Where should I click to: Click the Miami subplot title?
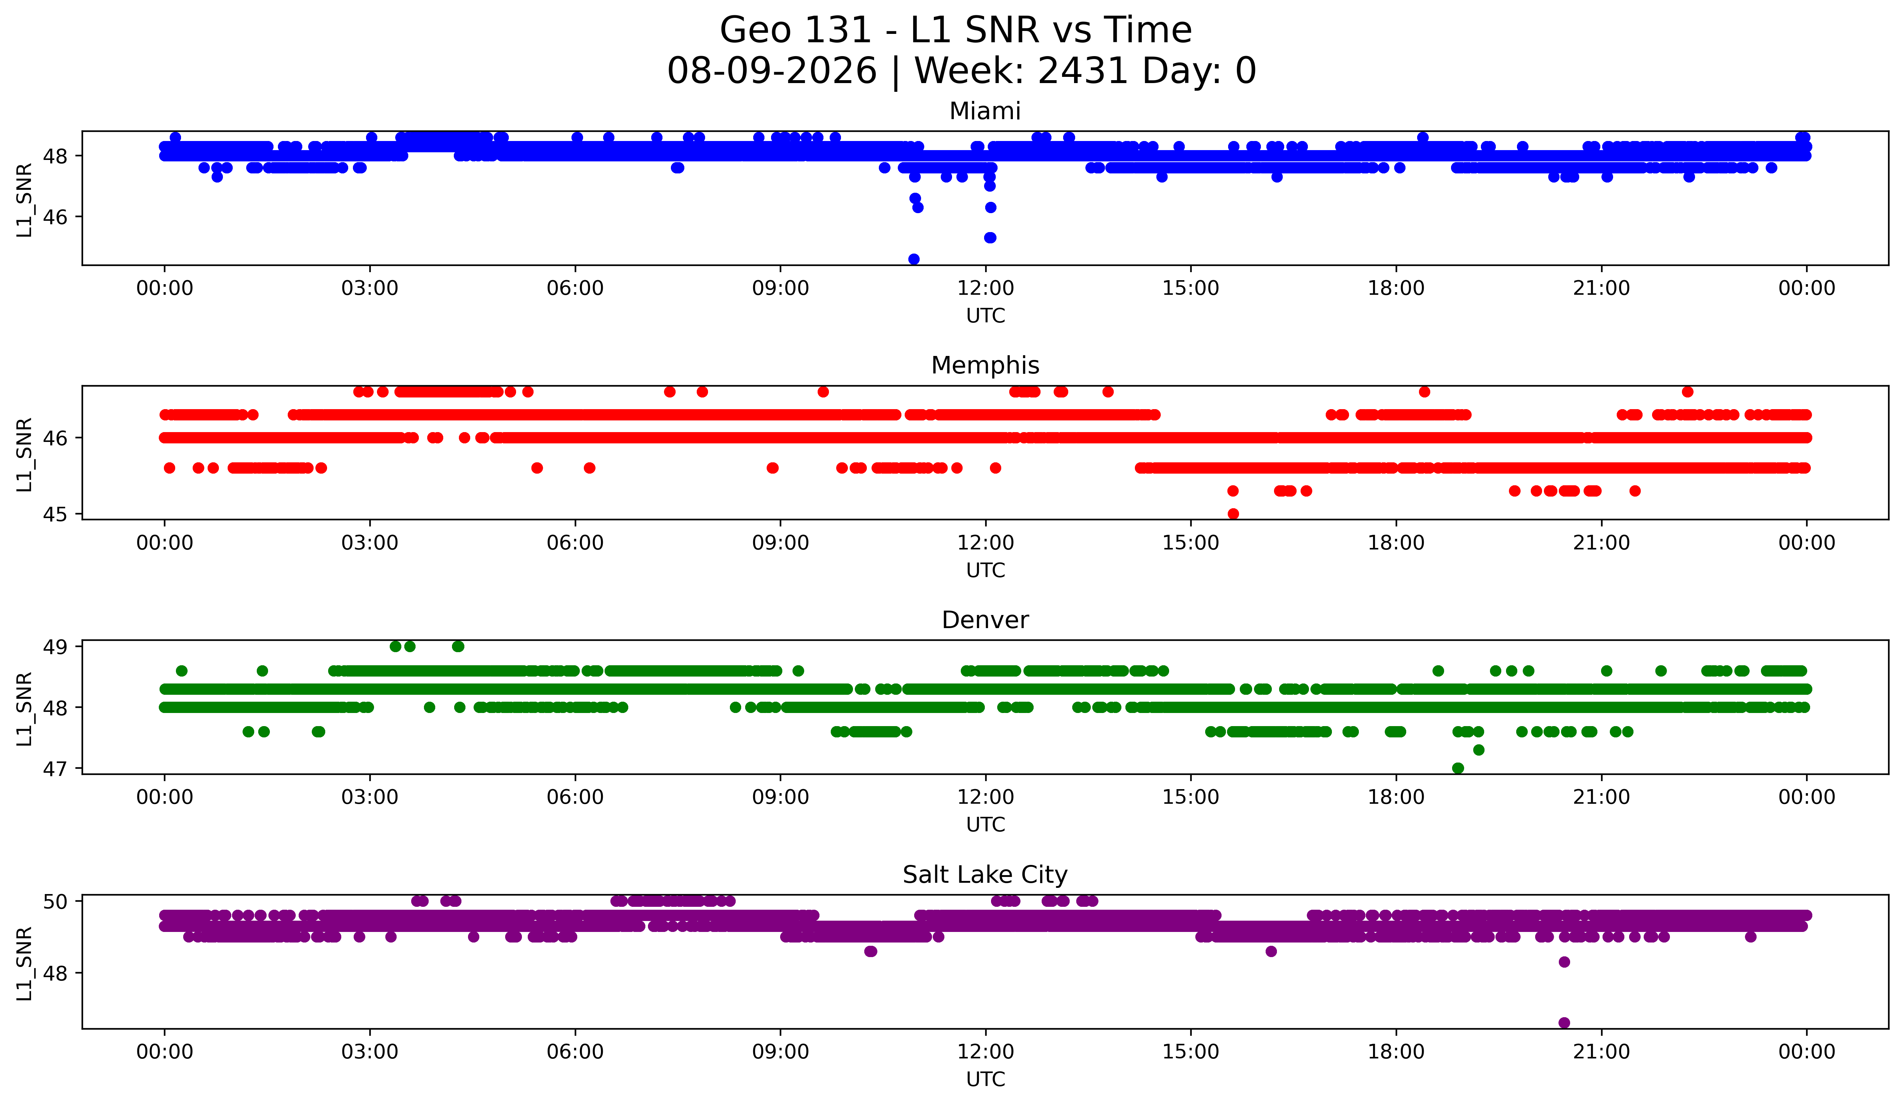985,111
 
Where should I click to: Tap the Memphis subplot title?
985,365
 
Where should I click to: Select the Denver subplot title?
985,620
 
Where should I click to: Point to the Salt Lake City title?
985,875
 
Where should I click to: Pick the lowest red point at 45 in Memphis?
1233,514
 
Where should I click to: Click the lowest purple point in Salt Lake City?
1564,1023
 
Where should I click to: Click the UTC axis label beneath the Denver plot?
986,825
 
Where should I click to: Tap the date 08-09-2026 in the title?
772,71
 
